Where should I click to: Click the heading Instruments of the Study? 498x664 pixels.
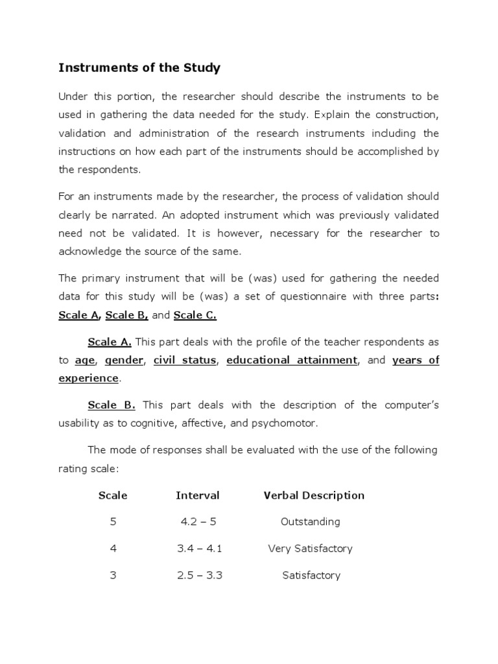139,68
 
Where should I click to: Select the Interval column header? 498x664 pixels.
198,495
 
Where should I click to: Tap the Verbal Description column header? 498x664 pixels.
314,495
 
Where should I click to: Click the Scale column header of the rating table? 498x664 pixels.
113,495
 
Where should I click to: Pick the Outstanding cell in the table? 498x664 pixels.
310,522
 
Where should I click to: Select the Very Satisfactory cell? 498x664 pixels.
310,549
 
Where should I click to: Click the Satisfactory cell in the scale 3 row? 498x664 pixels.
311,575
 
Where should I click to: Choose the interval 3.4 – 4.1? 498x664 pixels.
200,549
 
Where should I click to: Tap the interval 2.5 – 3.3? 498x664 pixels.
200,575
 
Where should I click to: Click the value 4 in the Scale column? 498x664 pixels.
113,549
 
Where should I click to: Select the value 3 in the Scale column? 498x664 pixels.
113,575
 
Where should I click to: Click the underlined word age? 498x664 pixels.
85,361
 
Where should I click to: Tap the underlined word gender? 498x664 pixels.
124,361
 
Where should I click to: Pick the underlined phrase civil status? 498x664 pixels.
185,361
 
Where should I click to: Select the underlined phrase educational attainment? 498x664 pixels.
292,361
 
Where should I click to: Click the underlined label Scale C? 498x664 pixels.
195,315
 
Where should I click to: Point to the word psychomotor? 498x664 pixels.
287,423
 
